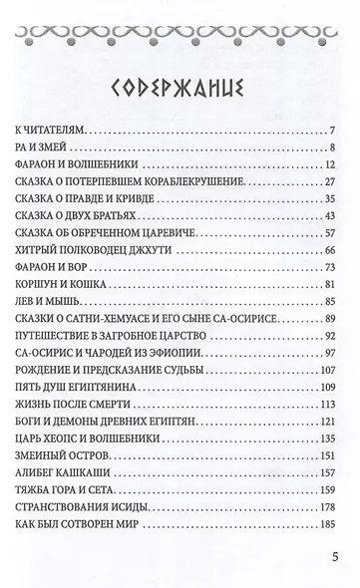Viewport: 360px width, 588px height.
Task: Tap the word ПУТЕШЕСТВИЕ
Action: tap(61, 350)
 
